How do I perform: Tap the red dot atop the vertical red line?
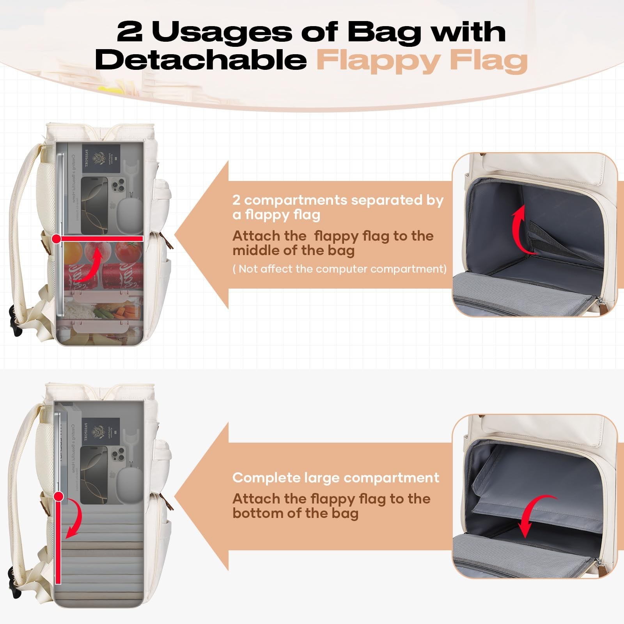pyautogui.click(x=59, y=496)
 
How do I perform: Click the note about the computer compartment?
pyautogui.click(x=339, y=269)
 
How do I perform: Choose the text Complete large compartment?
pyautogui.click(x=336, y=478)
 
